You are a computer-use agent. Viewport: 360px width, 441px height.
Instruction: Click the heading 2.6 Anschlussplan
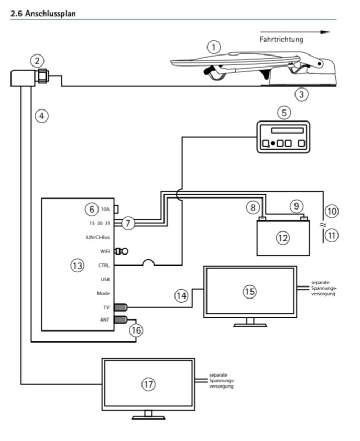43,14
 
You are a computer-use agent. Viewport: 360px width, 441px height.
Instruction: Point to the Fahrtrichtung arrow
295,32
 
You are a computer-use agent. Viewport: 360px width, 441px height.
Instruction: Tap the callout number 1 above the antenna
214,47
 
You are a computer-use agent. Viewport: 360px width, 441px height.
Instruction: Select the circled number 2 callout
37,61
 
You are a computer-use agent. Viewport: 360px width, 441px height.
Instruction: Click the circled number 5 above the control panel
284,113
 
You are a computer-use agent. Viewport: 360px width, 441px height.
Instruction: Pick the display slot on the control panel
287,130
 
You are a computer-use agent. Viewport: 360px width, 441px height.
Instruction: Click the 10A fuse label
105,210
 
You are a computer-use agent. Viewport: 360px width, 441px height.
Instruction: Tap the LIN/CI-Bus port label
98,237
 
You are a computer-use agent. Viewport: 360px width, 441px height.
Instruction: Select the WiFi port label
105,251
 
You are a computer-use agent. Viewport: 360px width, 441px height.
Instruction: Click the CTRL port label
104,266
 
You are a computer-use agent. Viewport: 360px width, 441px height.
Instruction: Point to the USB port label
105,280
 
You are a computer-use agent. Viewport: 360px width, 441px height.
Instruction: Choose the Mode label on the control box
103,294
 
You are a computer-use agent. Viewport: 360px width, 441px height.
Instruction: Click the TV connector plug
121,307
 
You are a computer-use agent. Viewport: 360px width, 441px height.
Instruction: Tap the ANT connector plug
121,319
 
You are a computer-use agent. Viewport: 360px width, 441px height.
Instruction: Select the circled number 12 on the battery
282,238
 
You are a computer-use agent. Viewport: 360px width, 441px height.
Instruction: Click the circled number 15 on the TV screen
249,291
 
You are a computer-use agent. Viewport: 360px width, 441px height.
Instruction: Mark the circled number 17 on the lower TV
148,384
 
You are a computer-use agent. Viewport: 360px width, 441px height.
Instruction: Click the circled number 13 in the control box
77,266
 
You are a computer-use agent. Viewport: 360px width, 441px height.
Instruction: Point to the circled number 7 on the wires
128,223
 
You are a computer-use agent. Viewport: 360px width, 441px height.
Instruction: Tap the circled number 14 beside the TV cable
181,295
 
